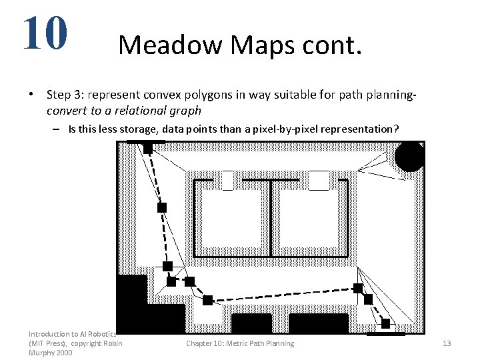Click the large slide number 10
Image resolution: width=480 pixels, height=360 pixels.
click(45, 33)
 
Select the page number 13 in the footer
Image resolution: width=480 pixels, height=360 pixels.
click(447, 343)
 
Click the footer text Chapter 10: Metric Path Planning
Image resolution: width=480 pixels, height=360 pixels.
click(239, 343)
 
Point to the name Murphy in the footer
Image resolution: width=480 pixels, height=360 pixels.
click(42, 353)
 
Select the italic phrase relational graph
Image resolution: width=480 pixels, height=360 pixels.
click(164, 110)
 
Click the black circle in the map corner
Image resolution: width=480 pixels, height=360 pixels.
click(409, 157)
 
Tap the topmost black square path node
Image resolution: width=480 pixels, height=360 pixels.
click(148, 148)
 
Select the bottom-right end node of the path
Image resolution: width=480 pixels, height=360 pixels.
click(385, 323)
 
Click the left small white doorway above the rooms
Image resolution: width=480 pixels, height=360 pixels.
click(227, 180)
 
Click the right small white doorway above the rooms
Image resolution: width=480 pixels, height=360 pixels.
click(319, 180)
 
